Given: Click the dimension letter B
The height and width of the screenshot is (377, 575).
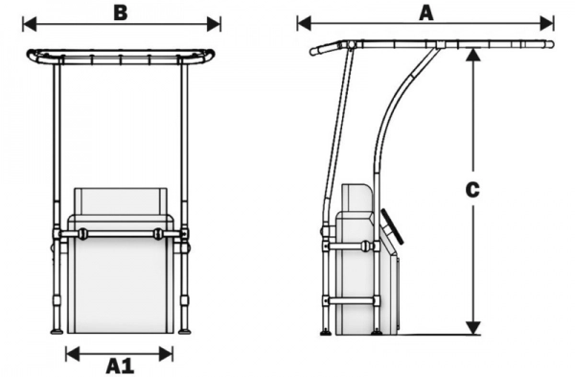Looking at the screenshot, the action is tap(121, 12).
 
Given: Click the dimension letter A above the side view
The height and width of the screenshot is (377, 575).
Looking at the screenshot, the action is tap(426, 13).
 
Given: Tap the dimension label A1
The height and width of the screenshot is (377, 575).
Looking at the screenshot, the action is tap(121, 365).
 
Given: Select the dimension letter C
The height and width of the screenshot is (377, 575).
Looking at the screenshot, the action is tap(472, 190).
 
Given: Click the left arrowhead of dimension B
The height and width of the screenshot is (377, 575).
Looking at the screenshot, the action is tap(30, 24).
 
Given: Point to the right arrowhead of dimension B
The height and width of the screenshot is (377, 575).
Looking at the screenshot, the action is tap(214, 24).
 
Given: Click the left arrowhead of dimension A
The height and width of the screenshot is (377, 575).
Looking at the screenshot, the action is tap(305, 24).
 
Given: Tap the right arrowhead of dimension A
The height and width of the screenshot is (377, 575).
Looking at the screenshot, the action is tap(547, 24).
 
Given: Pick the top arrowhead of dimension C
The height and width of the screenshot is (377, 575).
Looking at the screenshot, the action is tap(473, 55).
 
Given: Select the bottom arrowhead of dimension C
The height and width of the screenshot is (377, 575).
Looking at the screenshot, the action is tap(473, 328).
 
